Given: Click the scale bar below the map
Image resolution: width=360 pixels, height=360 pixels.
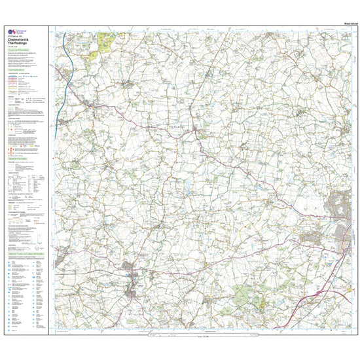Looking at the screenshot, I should pos(200,336).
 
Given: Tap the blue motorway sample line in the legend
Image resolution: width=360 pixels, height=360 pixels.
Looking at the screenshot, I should pos(13,77).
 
